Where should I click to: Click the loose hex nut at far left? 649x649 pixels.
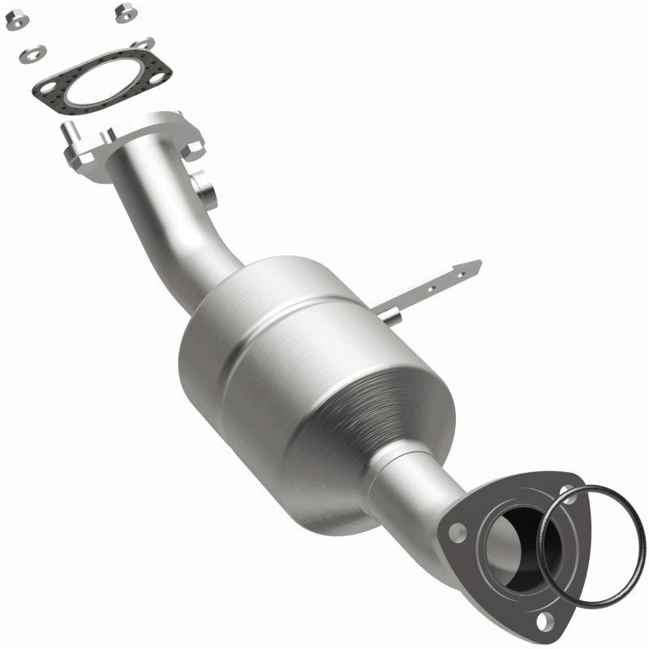[x=14, y=22]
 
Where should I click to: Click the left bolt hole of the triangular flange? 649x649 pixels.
[x=458, y=533]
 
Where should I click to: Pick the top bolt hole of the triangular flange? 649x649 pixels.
[x=565, y=490]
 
